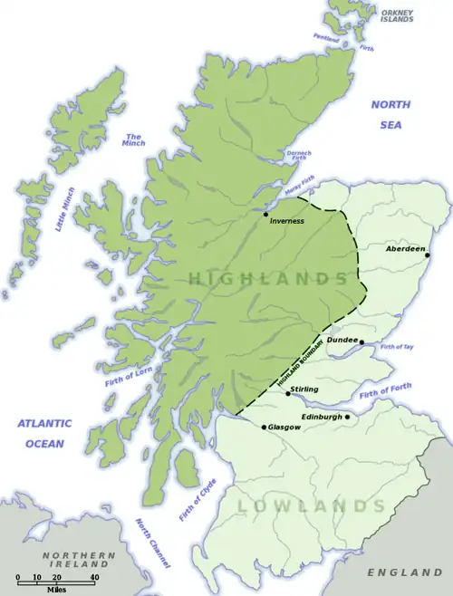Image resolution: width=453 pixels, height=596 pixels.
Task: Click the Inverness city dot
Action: click(x=265, y=215)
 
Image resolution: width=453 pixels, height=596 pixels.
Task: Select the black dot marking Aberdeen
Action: click(x=427, y=255)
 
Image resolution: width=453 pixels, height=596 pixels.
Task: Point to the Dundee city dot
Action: click(x=361, y=342)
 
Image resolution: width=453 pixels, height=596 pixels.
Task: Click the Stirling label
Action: click(x=304, y=388)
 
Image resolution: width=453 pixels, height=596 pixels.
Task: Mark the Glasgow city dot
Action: click(x=264, y=427)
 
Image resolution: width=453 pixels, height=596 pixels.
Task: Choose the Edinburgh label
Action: click(x=322, y=417)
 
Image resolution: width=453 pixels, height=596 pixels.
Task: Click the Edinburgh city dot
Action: click(x=347, y=417)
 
